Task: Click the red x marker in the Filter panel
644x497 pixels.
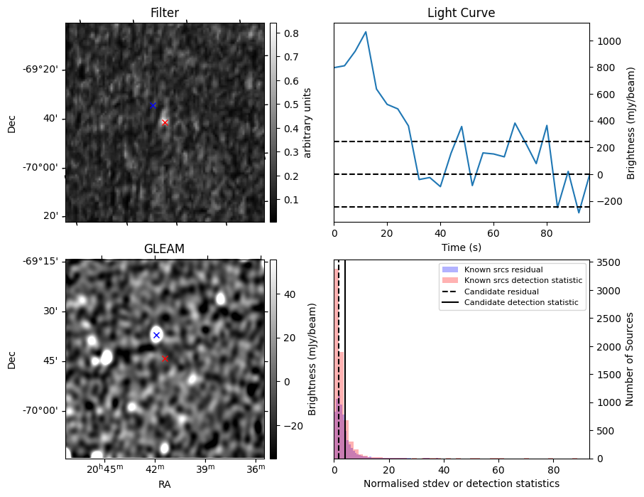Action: point(165,122)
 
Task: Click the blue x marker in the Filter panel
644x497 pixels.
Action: point(153,105)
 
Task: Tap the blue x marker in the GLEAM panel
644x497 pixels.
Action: point(156,335)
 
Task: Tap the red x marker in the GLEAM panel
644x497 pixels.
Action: point(165,359)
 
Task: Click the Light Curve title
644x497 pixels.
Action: point(461,13)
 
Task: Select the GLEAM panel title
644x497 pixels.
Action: point(164,249)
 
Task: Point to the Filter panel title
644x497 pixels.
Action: point(164,13)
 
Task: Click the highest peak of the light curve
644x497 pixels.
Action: point(366,32)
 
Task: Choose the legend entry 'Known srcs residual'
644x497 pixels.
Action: point(503,269)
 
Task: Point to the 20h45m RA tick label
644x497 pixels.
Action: point(104,469)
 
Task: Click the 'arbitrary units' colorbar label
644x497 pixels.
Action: point(307,122)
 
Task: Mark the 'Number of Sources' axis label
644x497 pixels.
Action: point(628,359)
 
